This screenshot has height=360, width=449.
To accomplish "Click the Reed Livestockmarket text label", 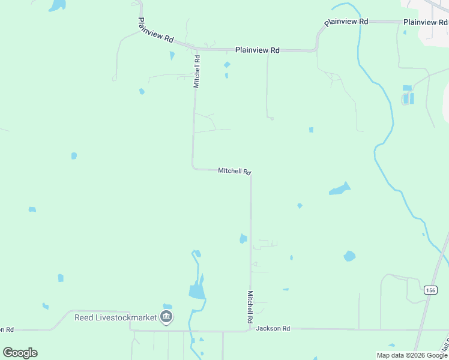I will tap(115, 317).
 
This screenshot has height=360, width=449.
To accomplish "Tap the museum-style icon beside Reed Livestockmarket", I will tap(167, 317).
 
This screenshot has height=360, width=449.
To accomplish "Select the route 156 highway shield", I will tap(430, 290).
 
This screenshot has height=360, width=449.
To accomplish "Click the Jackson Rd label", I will tap(273, 329).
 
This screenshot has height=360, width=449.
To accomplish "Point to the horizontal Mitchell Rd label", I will tap(234, 171).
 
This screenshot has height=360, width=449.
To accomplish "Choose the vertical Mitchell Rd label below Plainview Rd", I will tap(196, 72).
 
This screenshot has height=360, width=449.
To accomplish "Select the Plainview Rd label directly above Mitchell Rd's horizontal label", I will tap(257, 50).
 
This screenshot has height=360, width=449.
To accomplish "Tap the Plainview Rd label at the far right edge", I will tap(426, 22).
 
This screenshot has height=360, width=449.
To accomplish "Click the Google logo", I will tap(20, 353).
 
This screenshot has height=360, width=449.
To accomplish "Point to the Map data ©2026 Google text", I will tap(412, 355).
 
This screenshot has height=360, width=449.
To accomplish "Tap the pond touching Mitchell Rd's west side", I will tap(243, 239).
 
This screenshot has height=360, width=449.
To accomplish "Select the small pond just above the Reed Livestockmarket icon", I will tap(167, 306).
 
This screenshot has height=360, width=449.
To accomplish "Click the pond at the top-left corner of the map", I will tap(58, 5).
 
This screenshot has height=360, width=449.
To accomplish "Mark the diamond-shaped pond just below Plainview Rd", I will tap(227, 65).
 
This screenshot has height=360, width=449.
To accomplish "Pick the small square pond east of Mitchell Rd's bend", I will tap(311, 130).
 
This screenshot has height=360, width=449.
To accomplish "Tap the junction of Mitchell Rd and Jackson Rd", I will tap(250, 329).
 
